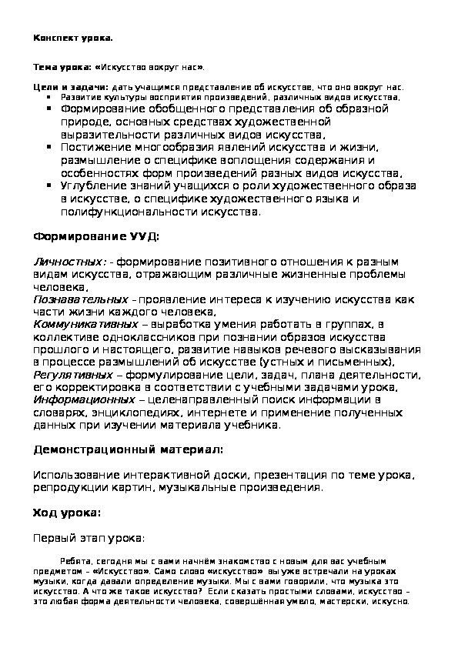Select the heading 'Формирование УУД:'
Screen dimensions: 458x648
98,235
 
